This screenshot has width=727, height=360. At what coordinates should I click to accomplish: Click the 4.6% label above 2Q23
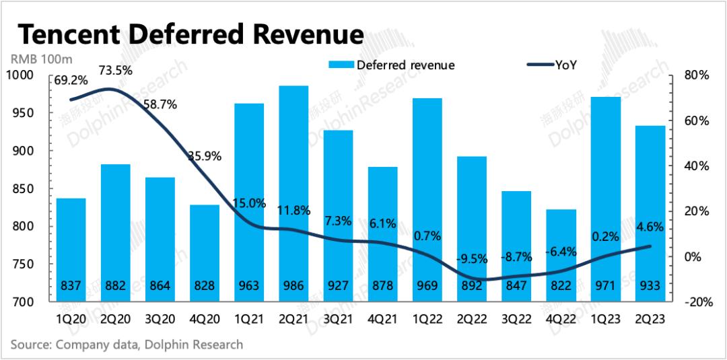pyautogui.click(x=649, y=227)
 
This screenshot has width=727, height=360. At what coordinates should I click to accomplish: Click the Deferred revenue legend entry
pyautogui.click(x=391, y=65)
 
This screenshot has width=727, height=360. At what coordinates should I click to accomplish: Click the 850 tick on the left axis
pyautogui.click(x=28, y=188)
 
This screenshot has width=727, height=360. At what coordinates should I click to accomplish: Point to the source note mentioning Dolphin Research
pyautogui.click(x=127, y=345)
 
